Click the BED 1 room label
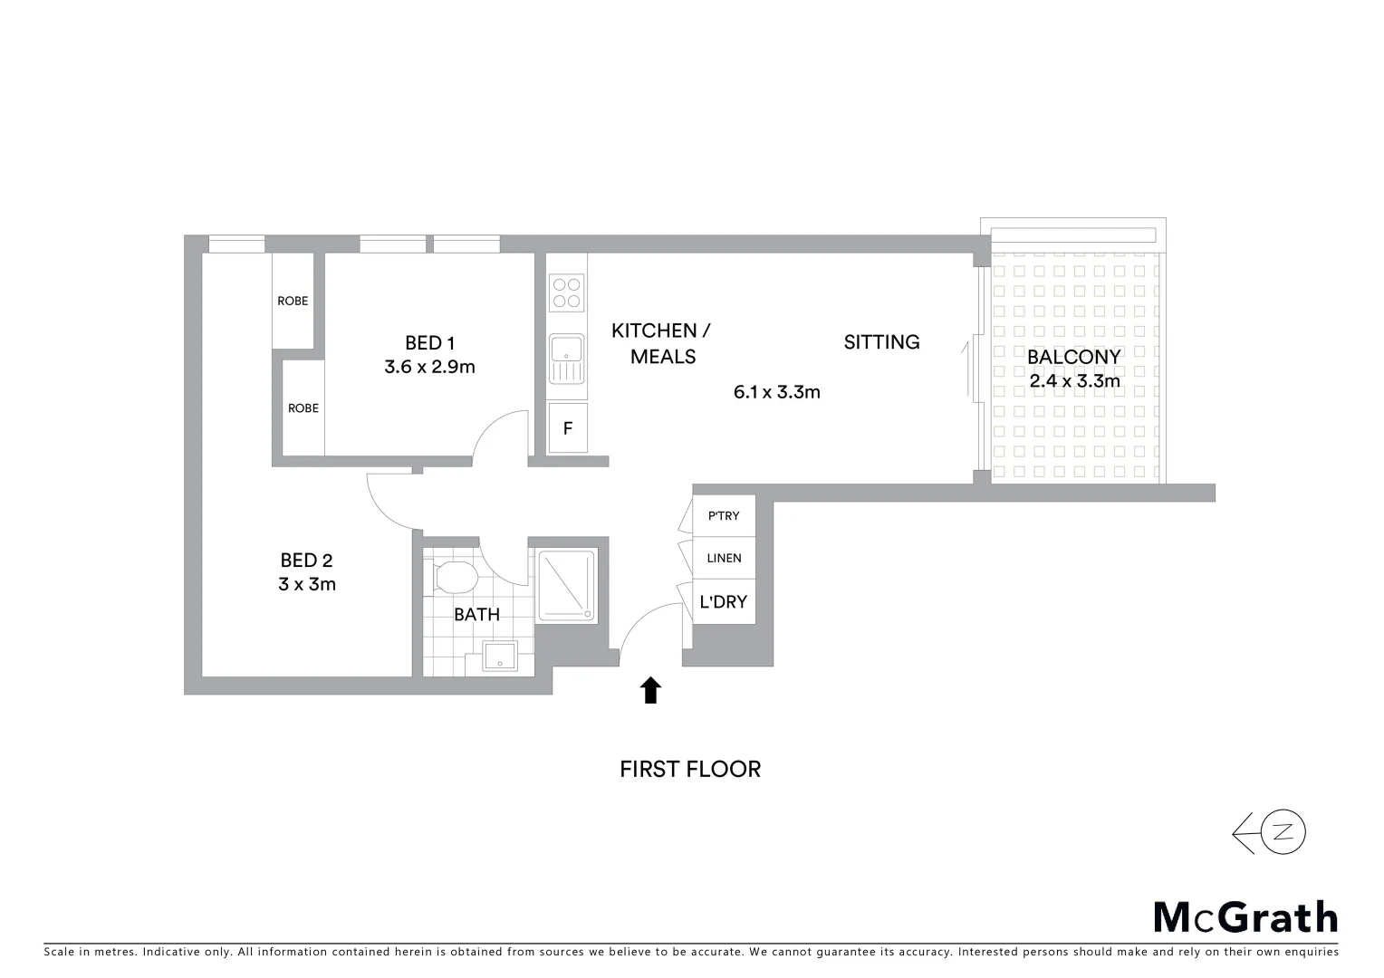tap(429, 343)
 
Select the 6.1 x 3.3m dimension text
tap(776, 392)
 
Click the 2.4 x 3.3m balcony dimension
tap(1074, 381)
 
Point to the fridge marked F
tap(568, 428)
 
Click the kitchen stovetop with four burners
tap(567, 292)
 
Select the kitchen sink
tap(567, 359)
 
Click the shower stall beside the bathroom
tap(567, 585)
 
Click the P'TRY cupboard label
tap(724, 516)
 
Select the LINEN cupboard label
tap(724, 559)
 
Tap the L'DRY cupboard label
tap(723, 601)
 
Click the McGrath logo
tap(1245, 917)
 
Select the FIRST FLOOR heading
tap(690, 769)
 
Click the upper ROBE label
tap(293, 301)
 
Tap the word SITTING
tap(881, 342)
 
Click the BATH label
tap(476, 615)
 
